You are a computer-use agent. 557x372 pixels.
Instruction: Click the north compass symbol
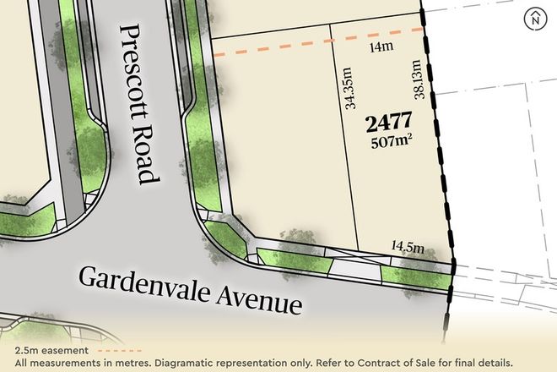point(534,19)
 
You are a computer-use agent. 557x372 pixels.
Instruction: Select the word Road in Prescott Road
point(146,157)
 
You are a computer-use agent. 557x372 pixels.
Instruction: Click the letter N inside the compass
point(534,19)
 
